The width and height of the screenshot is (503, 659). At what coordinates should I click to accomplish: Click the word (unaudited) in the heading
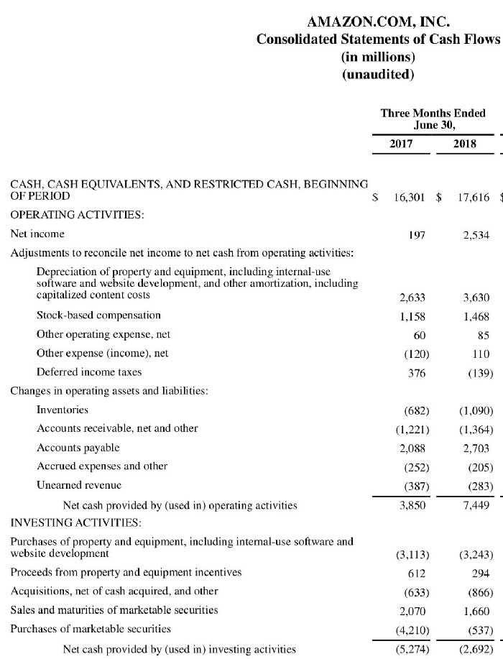378,74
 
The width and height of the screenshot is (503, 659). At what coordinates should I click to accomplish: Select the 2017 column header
401,144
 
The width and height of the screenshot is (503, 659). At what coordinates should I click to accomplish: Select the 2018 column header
465,144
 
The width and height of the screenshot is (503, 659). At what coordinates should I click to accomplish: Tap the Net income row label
37,234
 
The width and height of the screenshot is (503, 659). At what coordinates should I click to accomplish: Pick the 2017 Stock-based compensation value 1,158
412,315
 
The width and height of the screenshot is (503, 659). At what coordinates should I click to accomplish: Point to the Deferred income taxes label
89,372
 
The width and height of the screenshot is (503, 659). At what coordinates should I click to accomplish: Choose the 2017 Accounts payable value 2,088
412,448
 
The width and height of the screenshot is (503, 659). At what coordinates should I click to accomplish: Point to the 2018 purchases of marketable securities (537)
477,630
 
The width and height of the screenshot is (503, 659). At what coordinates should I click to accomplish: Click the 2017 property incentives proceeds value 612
416,573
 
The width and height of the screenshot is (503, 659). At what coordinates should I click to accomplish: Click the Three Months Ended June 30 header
433,119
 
